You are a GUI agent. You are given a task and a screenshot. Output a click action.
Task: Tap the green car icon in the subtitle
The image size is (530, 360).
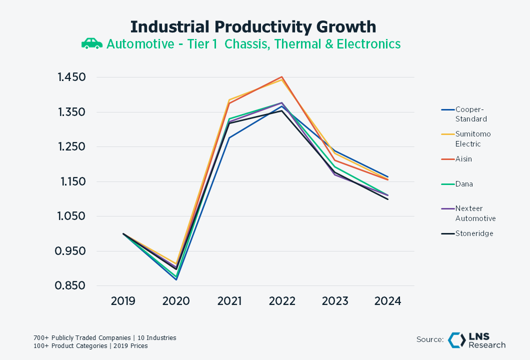[91, 44]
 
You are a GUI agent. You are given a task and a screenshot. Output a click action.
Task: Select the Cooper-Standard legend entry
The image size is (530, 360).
[470, 114]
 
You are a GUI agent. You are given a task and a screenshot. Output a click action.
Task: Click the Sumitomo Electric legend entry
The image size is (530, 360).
[472, 139]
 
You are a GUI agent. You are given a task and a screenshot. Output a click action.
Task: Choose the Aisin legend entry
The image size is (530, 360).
[463, 159]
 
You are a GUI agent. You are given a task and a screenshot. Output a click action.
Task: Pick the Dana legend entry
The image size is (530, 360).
[463, 184]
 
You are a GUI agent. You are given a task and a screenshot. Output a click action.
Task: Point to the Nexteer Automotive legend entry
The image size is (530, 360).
[475, 213]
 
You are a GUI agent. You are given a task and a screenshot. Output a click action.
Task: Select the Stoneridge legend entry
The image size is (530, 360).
[474, 233]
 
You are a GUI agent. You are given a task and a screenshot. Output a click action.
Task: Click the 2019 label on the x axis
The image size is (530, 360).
[123, 301]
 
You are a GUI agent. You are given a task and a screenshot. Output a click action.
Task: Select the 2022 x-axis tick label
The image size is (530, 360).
[282, 301]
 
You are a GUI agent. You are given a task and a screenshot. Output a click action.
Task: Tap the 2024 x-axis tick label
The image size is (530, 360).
[388, 301]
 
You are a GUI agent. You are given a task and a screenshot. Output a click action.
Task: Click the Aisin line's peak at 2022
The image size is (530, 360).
[282, 77]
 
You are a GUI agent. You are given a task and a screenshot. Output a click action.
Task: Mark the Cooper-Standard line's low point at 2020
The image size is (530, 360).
[176, 279]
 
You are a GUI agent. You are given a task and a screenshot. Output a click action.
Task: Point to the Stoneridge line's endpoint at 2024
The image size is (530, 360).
[388, 199]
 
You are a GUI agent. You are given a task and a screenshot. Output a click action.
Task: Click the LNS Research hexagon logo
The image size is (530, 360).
[456, 339]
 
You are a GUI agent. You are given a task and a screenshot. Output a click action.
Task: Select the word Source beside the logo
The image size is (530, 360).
[430, 339]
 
